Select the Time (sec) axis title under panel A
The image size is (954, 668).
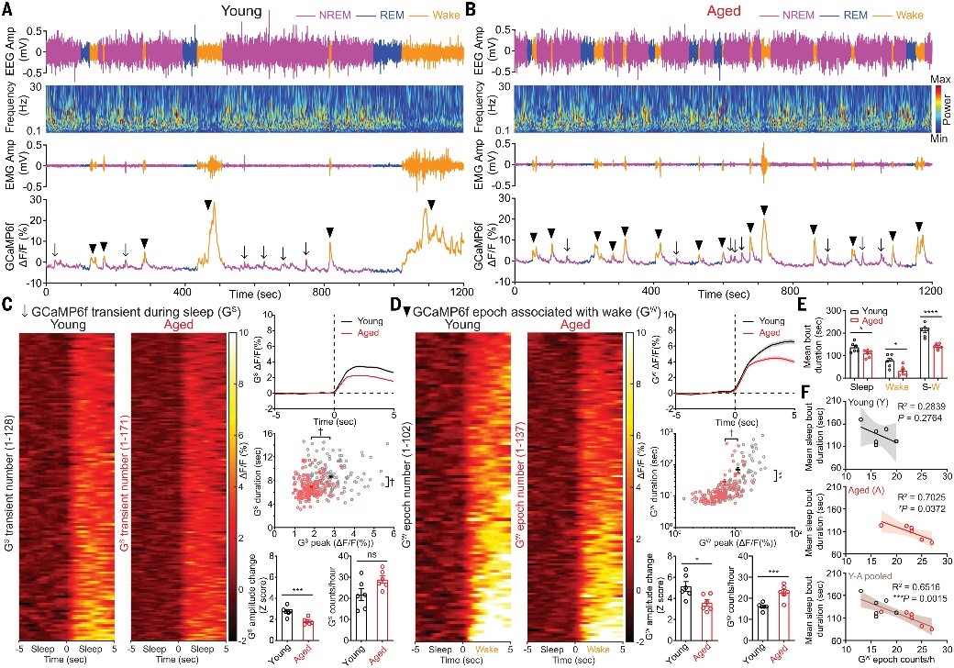(x=253, y=293)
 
